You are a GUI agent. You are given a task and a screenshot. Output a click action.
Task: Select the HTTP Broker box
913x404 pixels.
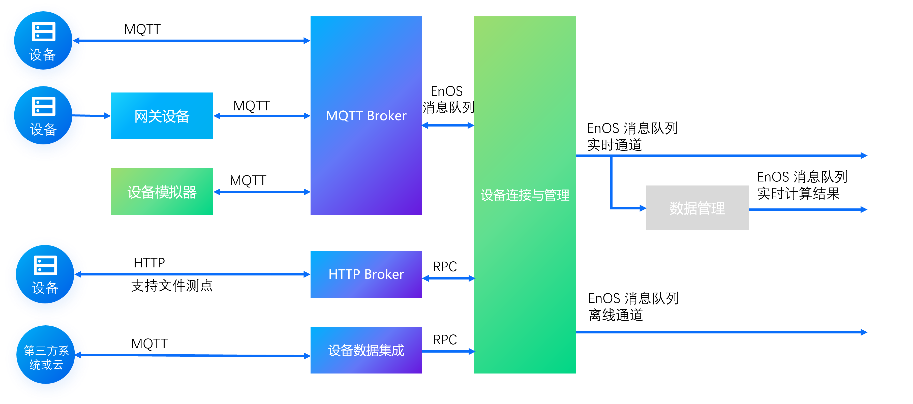366,274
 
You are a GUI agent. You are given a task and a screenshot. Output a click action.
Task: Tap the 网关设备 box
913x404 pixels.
162,116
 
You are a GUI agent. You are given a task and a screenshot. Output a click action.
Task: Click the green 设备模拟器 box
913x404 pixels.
162,192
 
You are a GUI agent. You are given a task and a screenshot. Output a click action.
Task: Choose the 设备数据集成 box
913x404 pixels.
366,350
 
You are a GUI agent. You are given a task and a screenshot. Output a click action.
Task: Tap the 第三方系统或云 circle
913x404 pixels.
46,358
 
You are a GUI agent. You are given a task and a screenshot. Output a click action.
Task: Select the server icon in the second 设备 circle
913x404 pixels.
44,106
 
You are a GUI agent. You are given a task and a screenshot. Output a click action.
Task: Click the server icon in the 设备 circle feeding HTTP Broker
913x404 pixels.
45,265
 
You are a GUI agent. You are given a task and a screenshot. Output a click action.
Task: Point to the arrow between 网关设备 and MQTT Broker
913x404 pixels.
262,116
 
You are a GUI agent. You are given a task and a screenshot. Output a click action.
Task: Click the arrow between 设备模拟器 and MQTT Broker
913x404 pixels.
262,192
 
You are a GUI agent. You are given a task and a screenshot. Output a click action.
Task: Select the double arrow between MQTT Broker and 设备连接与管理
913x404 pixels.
448,125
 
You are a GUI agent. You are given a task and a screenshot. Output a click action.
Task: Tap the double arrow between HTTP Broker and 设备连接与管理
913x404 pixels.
448,278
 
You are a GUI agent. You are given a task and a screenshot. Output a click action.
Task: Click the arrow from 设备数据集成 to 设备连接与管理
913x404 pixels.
448,351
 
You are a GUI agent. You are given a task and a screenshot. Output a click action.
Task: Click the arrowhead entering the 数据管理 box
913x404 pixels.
642,208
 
